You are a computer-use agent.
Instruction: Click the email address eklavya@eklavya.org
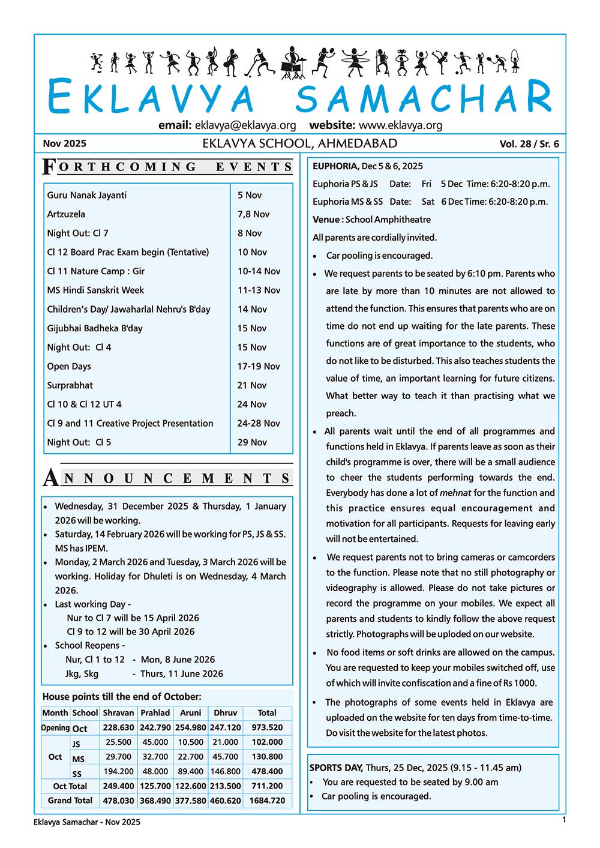click(x=245, y=125)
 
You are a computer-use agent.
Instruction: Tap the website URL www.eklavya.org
click(x=400, y=125)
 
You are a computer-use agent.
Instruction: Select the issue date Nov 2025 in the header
click(x=64, y=143)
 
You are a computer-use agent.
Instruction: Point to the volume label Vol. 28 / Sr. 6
click(x=529, y=144)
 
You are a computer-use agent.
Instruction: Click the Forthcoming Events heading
click(x=168, y=167)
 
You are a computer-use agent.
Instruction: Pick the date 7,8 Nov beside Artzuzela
click(x=253, y=214)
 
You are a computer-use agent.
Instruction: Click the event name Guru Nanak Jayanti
click(x=87, y=195)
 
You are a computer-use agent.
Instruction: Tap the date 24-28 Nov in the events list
click(x=259, y=423)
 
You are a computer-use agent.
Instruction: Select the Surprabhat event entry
click(x=70, y=385)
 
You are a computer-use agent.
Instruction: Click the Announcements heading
click(x=168, y=478)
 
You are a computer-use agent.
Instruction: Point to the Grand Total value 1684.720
click(x=267, y=801)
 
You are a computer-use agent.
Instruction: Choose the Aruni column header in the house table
click(x=191, y=713)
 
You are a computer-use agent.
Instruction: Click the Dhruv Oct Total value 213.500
click(x=226, y=786)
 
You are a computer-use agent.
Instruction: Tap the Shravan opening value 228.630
click(x=118, y=727)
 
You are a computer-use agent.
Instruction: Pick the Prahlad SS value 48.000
click(x=155, y=771)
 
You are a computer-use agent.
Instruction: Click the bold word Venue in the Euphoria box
click(x=326, y=220)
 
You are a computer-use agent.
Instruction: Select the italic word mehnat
click(x=455, y=493)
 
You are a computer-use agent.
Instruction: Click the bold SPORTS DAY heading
click(x=336, y=768)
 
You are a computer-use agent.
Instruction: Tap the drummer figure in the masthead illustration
click(x=293, y=62)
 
